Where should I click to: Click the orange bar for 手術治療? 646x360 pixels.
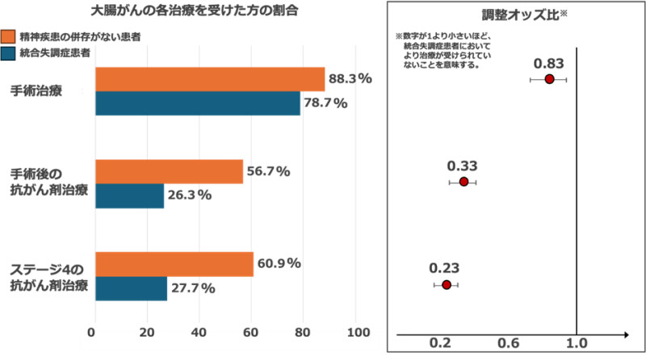(x=210, y=79)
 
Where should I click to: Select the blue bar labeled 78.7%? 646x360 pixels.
(x=198, y=103)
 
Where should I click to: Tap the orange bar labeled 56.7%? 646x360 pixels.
(x=169, y=171)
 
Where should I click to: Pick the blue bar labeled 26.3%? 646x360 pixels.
(x=129, y=195)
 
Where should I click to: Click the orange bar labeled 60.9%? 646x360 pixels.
(x=174, y=264)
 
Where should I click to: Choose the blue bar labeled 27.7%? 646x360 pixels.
(x=131, y=288)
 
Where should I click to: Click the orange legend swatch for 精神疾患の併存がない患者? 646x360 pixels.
(x=10, y=36)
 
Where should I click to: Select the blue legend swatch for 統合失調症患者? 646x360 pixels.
(x=10, y=53)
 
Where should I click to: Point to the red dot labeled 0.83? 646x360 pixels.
(x=549, y=79)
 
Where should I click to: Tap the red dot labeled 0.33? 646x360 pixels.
(x=464, y=182)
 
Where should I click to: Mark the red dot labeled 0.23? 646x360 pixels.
(x=446, y=285)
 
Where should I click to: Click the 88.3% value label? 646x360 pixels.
(x=350, y=79)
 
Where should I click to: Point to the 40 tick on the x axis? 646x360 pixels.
(x=198, y=332)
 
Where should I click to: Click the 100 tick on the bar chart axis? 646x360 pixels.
(x=358, y=332)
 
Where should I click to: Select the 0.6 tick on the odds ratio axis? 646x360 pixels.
(x=509, y=343)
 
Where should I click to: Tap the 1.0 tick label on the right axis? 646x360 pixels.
(x=576, y=343)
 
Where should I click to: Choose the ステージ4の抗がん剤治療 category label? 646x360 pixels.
(x=47, y=277)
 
